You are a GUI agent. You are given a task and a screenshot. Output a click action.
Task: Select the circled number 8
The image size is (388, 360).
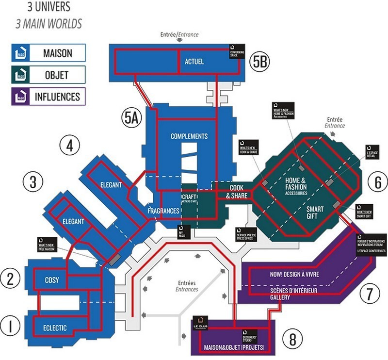point(292,338)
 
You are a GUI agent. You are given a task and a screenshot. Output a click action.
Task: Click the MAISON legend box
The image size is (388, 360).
point(48,52)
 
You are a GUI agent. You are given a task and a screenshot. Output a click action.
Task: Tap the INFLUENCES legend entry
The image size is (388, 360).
point(48,97)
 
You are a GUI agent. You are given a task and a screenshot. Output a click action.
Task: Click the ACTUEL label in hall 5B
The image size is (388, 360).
point(194,62)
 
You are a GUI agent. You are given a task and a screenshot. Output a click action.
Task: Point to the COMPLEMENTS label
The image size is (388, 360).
point(189,136)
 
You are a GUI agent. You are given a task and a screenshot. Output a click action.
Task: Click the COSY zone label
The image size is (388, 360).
point(52,280)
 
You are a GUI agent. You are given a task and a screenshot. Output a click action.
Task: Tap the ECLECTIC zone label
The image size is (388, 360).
point(51,327)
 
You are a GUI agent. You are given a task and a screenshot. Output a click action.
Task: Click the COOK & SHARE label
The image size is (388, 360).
point(237,192)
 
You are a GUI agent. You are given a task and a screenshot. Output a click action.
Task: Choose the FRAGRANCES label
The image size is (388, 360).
point(164,212)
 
